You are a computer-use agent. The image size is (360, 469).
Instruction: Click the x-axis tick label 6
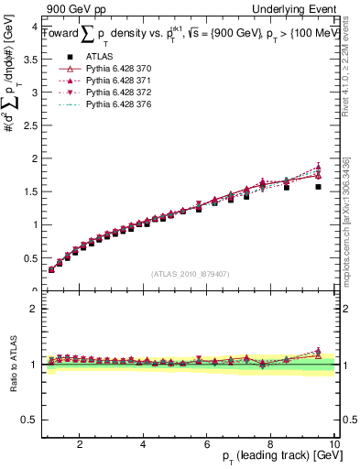coord(207,443)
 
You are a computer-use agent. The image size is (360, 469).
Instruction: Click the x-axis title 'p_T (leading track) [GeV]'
coord(276,456)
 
